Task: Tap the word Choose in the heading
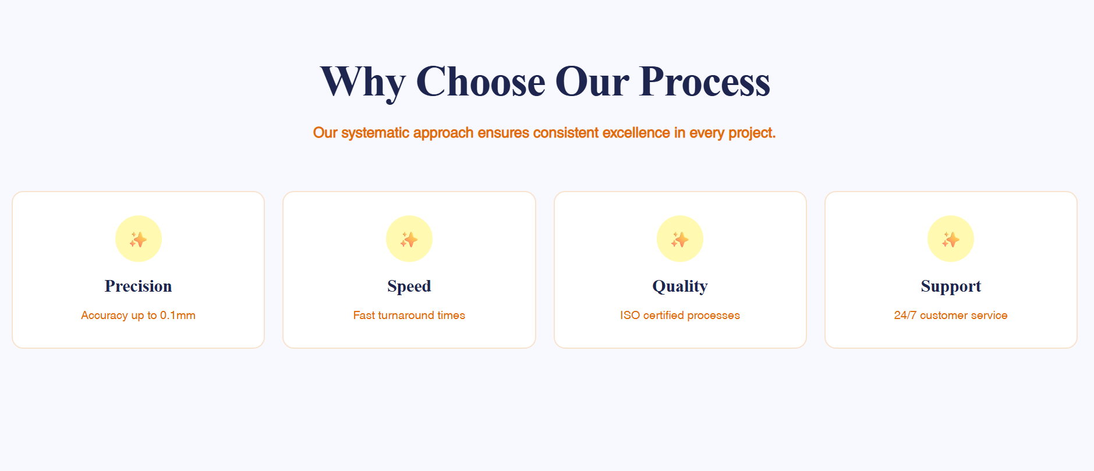pos(481,81)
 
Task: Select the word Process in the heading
pos(704,81)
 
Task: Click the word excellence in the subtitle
pos(636,133)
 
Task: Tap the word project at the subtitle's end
pos(752,133)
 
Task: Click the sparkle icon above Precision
pos(139,239)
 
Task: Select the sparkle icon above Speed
pos(409,239)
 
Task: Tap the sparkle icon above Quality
pos(680,239)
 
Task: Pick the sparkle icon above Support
pos(951,239)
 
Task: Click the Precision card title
pos(139,286)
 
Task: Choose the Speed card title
pos(409,286)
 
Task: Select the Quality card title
pos(680,286)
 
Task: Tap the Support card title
pos(951,286)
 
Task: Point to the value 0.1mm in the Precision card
pos(178,315)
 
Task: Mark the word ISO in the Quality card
pos(630,315)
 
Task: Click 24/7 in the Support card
pos(905,315)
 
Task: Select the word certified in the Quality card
pos(664,315)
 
